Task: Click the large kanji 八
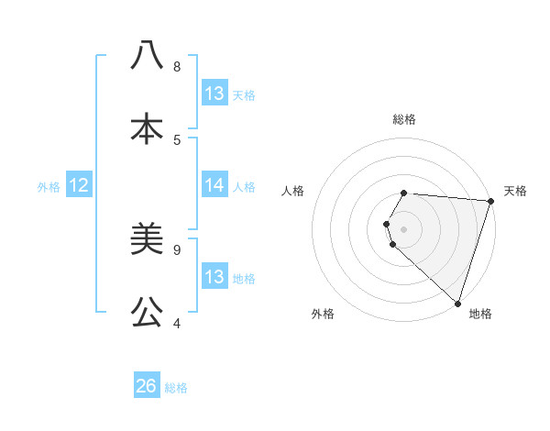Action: [147, 55]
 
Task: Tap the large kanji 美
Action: [147, 239]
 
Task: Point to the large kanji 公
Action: [147, 313]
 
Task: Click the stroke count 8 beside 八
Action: [177, 67]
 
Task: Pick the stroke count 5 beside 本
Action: [177, 140]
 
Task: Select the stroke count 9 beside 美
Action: [177, 249]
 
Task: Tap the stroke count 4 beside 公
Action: [177, 324]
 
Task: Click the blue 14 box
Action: [214, 185]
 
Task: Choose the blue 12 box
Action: [79, 185]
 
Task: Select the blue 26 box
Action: [147, 386]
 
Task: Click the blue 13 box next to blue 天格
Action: [214, 93]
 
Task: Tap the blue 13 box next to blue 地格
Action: [214, 277]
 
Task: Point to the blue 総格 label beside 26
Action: [176, 388]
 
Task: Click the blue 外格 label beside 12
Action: [49, 187]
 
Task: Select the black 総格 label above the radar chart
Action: [404, 119]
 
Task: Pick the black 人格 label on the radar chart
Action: [293, 191]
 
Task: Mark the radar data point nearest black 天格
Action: [489, 202]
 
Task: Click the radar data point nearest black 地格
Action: [457, 303]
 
